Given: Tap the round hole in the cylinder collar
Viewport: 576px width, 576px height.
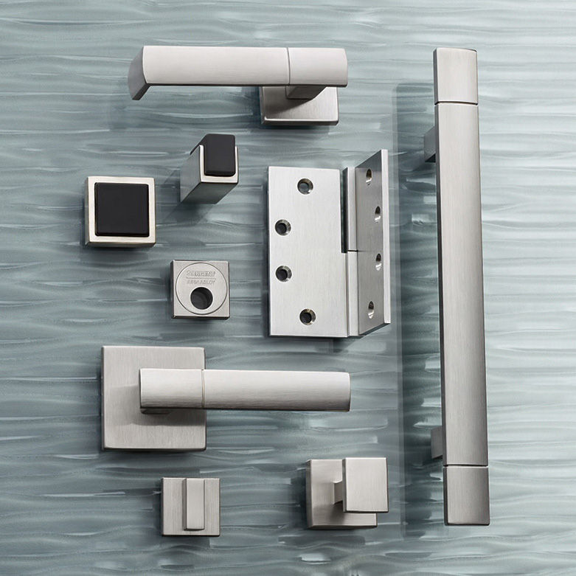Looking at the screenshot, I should point(201,297).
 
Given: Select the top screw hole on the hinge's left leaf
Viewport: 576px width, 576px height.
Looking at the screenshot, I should point(305,186).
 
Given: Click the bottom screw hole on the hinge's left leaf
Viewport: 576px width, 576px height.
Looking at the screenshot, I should point(307,316).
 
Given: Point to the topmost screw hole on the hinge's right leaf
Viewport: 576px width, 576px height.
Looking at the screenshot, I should point(368,176).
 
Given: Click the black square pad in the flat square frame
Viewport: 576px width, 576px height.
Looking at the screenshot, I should point(122,209).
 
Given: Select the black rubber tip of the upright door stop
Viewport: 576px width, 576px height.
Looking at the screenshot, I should point(218,155).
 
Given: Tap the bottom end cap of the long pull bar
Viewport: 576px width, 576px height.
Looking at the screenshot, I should point(466,494).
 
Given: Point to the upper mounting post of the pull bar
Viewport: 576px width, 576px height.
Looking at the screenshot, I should point(429,144).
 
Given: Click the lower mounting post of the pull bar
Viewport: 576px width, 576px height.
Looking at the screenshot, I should point(437,443).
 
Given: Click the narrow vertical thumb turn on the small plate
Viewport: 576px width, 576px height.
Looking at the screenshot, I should point(193,505).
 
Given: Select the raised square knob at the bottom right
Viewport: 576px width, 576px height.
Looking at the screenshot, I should point(364,484).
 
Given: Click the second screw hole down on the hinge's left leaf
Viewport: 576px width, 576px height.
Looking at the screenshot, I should point(282,227).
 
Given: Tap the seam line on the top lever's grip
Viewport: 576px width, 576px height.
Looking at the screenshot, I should point(288,66).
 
